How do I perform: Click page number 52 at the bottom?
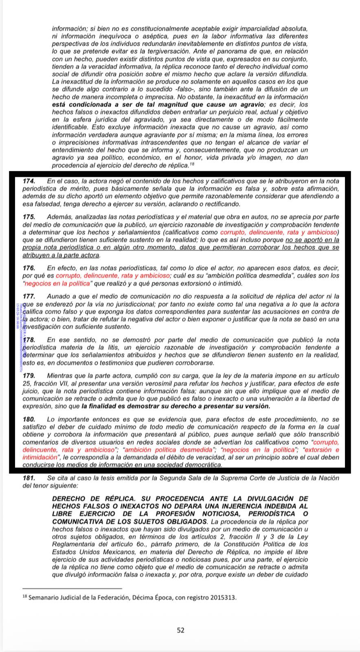point(181,630)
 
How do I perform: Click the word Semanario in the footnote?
point(43,598)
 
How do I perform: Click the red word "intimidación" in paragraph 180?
point(40,458)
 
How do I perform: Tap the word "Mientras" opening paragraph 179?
point(59,376)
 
